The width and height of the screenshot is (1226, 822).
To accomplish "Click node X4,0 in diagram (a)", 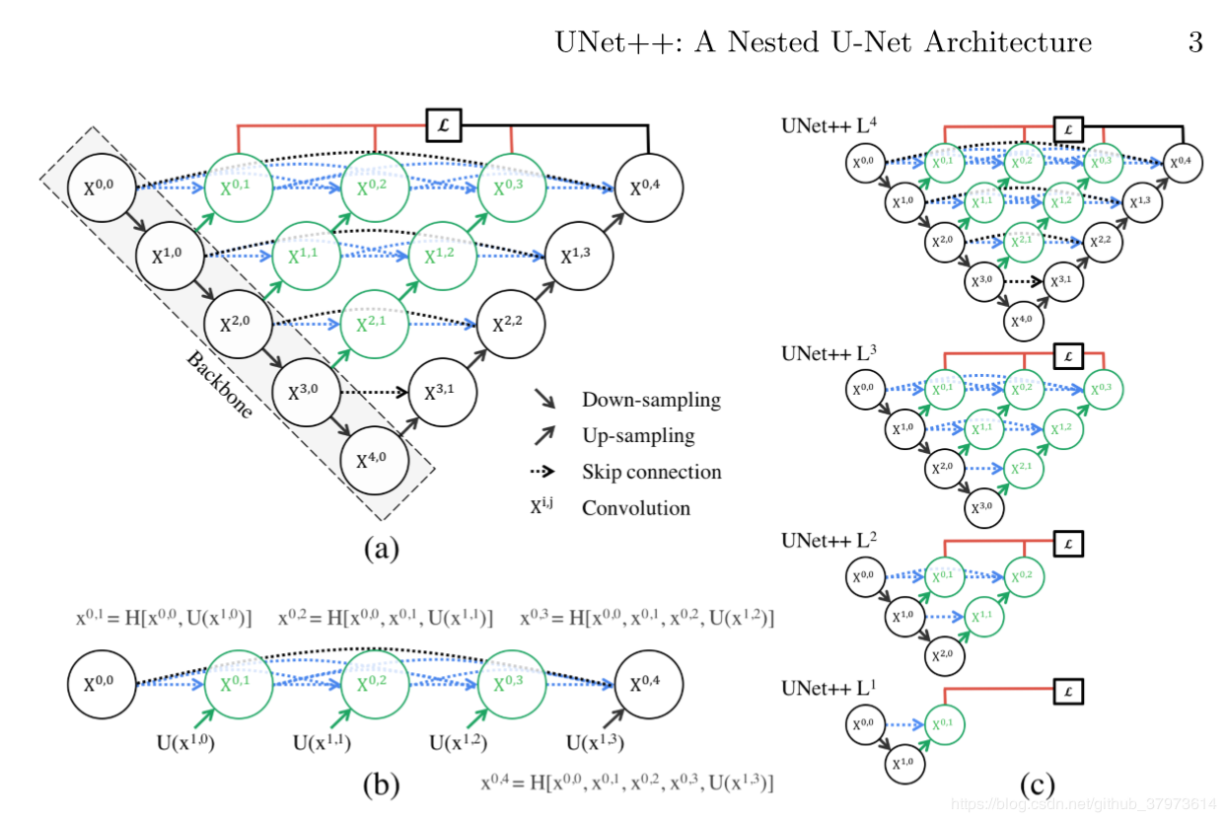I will pyautogui.click(x=375, y=460).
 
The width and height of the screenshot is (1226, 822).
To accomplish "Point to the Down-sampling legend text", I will pyautogui.click(x=651, y=400).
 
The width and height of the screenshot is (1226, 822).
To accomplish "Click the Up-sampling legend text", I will pyautogui.click(x=638, y=435).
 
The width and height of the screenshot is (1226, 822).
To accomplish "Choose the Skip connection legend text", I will pyautogui.click(x=651, y=472).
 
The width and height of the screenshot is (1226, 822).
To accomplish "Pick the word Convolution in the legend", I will pyautogui.click(x=636, y=508).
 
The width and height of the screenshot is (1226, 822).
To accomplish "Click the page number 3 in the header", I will pyautogui.click(x=1194, y=42).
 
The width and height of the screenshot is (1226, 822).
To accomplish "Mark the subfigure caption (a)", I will pyautogui.click(x=380, y=549).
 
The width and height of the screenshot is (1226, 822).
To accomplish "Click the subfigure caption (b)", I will pyautogui.click(x=380, y=785).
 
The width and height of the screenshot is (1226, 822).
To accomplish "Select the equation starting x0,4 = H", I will pyautogui.click(x=626, y=784).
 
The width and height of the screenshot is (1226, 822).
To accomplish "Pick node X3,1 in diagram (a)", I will pyautogui.click(x=442, y=391).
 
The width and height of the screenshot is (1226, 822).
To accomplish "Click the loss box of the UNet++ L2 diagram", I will pyautogui.click(x=1068, y=543).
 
